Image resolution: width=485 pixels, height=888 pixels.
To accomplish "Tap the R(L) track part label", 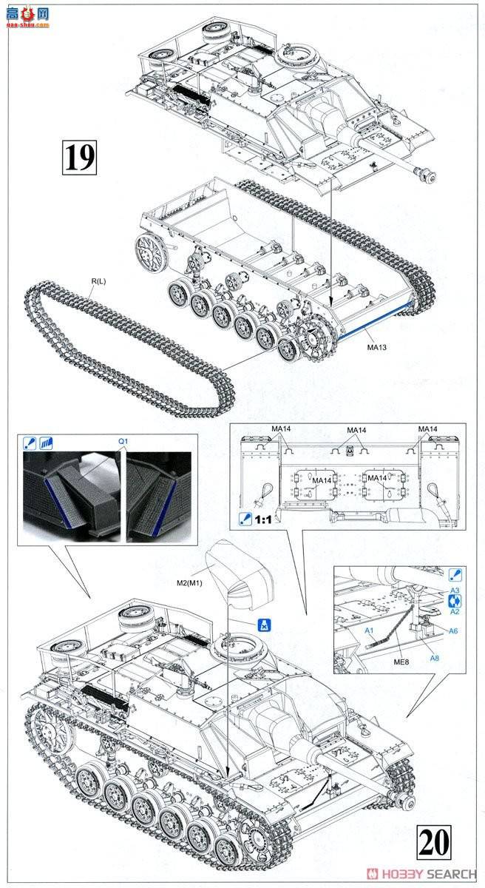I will [x=96, y=282].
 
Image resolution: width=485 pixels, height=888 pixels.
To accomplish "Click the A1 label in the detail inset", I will [x=369, y=630].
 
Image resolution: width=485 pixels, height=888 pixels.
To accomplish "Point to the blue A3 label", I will [x=455, y=590].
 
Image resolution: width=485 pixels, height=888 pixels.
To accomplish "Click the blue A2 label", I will [x=455, y=611].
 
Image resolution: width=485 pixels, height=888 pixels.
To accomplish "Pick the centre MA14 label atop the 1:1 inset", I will [x=356, y=431].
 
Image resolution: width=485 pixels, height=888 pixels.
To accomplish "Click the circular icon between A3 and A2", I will [x=455, y=601].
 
